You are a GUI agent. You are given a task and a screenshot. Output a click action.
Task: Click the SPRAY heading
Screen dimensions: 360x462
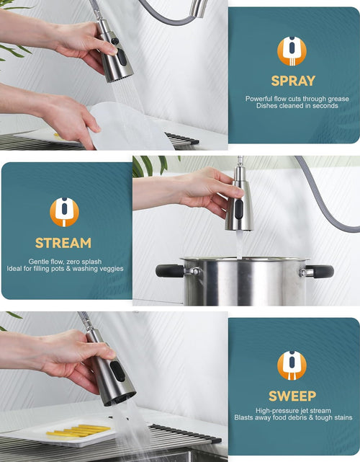pyautogui.click(x=293, y=81)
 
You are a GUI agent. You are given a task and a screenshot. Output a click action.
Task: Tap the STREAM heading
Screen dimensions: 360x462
pyautogui.click(x=63, y=243)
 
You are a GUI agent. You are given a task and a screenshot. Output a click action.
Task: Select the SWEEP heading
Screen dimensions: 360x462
pyautogui.click(x=292, y=396)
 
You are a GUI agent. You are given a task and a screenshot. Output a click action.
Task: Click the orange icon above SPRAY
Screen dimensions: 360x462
pyautogui.click(x=292, y=51)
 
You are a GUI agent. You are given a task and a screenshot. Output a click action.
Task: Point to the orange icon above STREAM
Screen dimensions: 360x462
pyautogui.click(x=64, y=212)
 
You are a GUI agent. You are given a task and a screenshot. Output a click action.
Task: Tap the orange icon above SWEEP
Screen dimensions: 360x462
pyautogui.click(x=292, y=365)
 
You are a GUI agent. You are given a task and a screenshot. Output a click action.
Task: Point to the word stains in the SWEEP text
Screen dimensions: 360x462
pyautogui.click(x=343, y=417)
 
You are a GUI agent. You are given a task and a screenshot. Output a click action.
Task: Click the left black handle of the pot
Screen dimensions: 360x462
pyautogui.click(x=170, y=270)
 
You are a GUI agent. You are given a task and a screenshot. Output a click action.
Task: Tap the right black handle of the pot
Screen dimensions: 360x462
pyautogui.click(x=320, y=272)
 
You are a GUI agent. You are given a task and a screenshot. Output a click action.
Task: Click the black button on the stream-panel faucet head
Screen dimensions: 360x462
pyautogui.click(x=239, y=209)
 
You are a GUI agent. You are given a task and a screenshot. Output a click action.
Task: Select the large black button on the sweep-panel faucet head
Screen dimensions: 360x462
pyautogui.click(x=118, y=371)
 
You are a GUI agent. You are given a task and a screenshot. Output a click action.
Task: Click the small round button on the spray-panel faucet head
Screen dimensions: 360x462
pyautogui.click(x=114, y=41)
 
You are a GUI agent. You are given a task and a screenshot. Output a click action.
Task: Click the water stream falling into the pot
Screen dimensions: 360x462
pyautogui.click(x=239, y=244)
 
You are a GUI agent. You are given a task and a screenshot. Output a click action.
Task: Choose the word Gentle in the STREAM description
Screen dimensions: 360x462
pyautogui.click(x=37, y=262)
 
